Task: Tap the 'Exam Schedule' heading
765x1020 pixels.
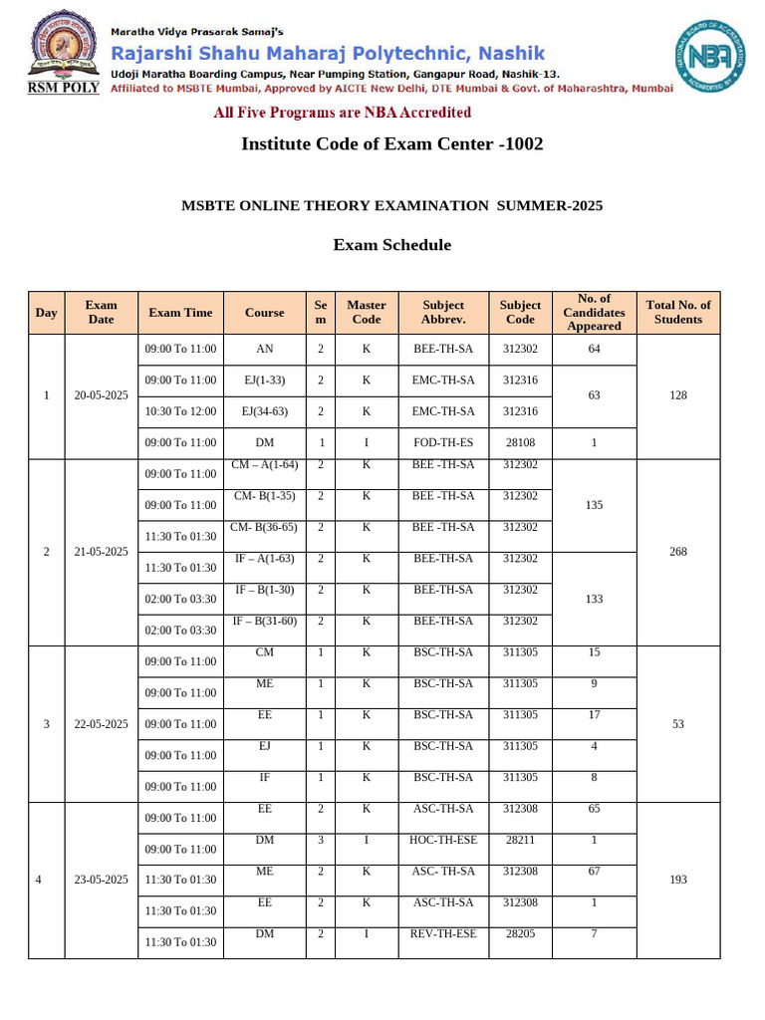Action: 391,245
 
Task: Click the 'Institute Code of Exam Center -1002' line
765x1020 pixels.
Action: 391,144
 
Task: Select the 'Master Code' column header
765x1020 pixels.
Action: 366,313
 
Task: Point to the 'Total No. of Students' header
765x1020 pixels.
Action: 677,313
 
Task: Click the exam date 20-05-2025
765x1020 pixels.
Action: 101,395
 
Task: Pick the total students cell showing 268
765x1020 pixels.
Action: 677,552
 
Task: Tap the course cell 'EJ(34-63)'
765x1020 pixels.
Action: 264,411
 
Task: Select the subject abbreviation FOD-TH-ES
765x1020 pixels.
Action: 443,442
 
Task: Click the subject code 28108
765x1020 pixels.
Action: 519,442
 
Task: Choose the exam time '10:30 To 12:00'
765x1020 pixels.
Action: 180,411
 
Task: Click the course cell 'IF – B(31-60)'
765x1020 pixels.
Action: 264,621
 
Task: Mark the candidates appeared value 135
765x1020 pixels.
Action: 594,505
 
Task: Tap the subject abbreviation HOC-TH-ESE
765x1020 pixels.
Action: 443,840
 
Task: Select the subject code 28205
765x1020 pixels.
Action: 519,933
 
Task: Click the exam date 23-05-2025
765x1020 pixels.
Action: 101,880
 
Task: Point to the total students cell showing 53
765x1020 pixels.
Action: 677,724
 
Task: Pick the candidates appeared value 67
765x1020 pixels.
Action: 594,872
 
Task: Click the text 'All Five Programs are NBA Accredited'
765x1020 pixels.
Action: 342,113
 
